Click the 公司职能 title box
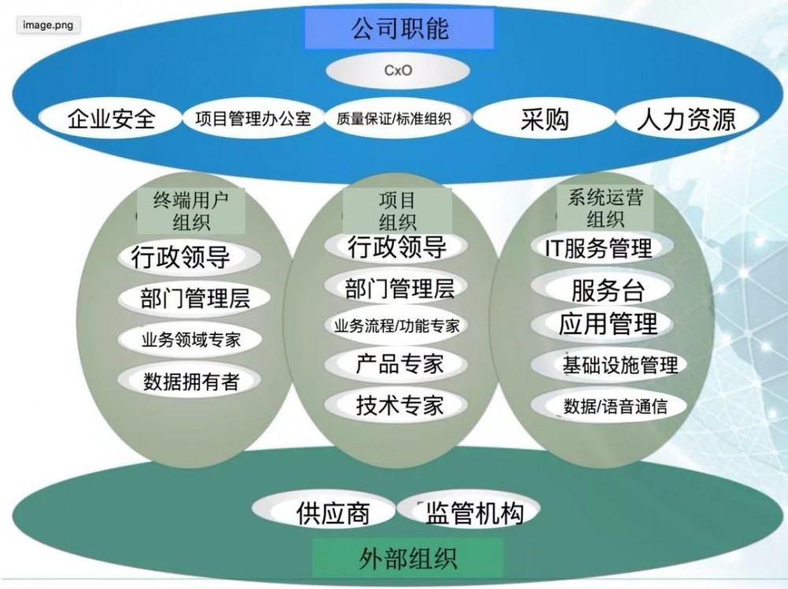pos(399,29)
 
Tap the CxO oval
pos(398,71)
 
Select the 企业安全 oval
pos(111,119)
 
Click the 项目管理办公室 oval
pos(252,119)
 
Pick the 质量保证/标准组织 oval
pos(393,119)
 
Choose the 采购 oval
pos(545,119)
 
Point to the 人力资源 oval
pos(686,119)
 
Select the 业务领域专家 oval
pos(191,341)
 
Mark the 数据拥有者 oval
pos(191,382)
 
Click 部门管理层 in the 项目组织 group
pos(399,288)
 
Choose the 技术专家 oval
pos(399,405)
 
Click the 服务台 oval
pos(607,289)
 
